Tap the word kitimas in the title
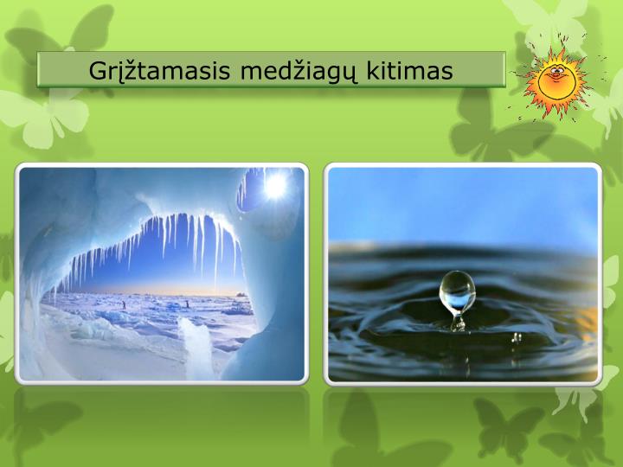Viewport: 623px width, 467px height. [405, 71]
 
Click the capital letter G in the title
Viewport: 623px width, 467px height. [97, 71]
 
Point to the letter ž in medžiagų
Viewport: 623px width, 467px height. [284, 69]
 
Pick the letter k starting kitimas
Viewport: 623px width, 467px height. [363, 71]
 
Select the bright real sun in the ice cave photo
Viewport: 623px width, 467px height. [276, 184]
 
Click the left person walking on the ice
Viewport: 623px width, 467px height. [123, 304]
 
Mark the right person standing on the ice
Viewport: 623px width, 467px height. [187, 304]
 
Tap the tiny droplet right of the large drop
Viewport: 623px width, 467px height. [517, 336]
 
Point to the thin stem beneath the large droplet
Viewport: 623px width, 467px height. [458, 321]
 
